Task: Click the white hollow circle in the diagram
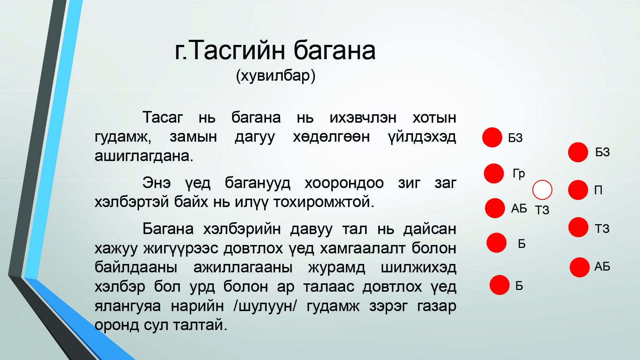point(542,190)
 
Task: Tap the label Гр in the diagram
point(518,173)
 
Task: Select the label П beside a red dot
point(598,190)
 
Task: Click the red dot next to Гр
point(494,173)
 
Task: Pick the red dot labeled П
point(578,190)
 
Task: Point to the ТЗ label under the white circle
point(542,210)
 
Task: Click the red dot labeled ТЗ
point(578,227)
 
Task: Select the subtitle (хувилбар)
point(275,76)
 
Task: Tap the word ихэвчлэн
point(363,118)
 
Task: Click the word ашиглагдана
point(144,156)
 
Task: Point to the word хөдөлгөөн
point(331,137)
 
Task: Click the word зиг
point(409,183)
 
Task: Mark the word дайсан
point(430,229)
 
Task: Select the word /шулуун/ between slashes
point(265,306)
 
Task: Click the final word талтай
point(200,325)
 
